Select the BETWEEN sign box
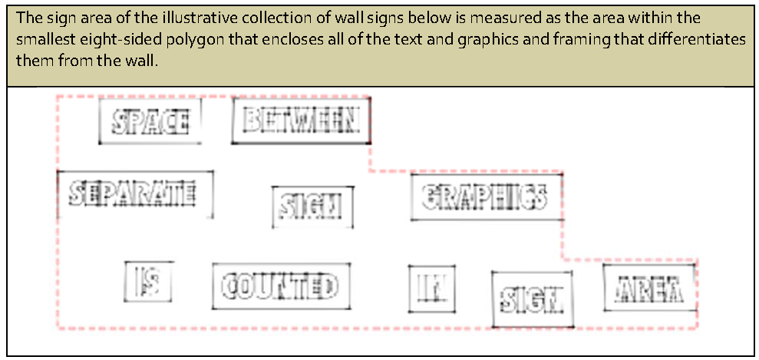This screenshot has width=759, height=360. pyautogui.click(x=300, y=121)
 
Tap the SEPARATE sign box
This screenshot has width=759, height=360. pyautogui.click(x=134, y=193)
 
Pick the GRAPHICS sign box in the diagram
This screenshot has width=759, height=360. pyautogui.click(x=485, y=197)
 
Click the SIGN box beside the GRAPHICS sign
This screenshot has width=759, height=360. pyautogui.click(x=312, y=206)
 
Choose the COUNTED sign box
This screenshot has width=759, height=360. pyautogui.click(x=280, y=286)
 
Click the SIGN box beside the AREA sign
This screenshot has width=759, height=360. pyautogui.click(x=531, y=299)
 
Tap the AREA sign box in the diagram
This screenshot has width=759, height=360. pyautogui.click(x=649, y=289)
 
